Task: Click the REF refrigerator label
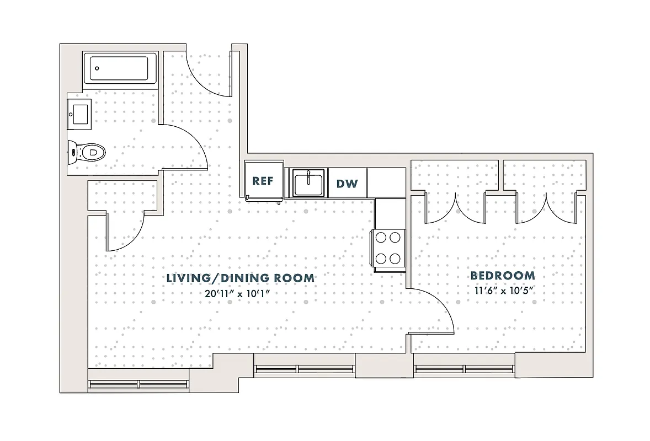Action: pos(263,181)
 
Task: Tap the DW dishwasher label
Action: pos(347,184)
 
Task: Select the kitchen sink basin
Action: pos(308,182)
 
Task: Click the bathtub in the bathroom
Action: pos(120,68)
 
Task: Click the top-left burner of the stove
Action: pos(381,238)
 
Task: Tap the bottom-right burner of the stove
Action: pos(395,258)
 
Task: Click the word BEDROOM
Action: pos(502,276)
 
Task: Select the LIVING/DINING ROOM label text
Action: pos(241,278)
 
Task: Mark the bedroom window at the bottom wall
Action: pos(464,369)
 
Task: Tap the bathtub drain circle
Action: pos(97,68)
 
